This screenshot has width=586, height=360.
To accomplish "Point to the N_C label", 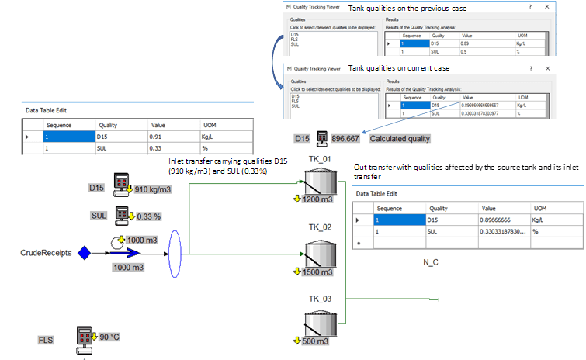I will pyautogui.click(x=430, y=262).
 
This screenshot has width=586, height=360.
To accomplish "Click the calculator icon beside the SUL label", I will pyautogui.click(x=124, y=214).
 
